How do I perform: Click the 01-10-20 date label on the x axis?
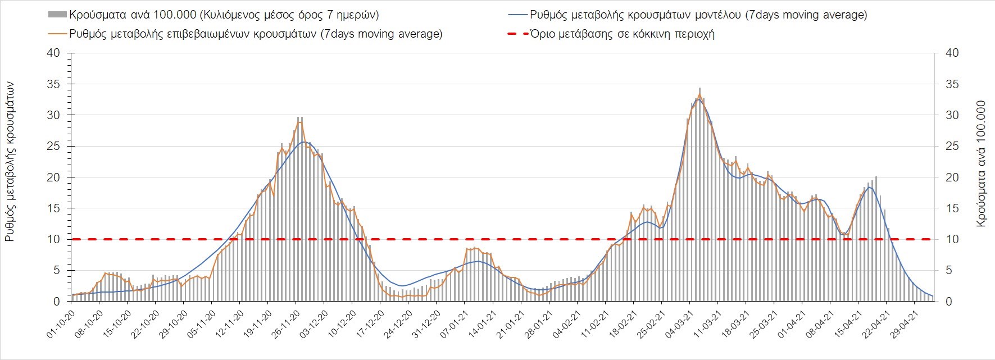60,324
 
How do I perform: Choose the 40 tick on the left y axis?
53,53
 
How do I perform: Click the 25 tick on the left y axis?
53,147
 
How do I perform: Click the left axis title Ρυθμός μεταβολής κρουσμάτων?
10,161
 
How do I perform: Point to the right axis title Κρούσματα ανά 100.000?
982,163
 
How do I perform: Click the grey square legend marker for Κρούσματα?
58,15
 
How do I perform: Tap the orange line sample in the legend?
58,34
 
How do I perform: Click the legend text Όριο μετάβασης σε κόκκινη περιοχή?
622,34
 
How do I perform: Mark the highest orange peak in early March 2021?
699,94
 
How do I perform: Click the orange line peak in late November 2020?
300,121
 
